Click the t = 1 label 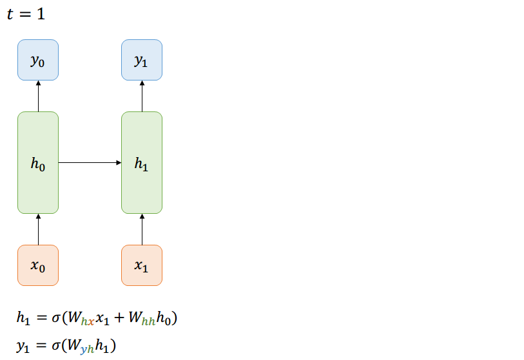[x=26, y=14]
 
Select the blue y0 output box [x=38, y=60]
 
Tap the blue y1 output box [x=142, y=60]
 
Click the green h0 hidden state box [x=38, y=162]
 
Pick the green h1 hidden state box [x=142, y=162]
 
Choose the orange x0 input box [x=38, y=265]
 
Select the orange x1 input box [x=142, y=265]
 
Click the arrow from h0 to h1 [x=90, y=162]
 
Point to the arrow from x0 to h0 [x=38, y=229]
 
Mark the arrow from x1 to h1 [x=142, y=229]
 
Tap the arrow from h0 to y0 [x=38, y=95]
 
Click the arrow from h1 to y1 [x=142, y=95]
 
